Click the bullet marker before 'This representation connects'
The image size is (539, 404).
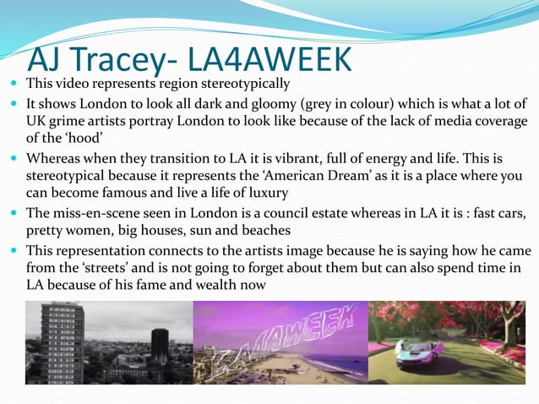pos(16,251)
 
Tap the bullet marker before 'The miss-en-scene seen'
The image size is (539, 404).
pos(16,213)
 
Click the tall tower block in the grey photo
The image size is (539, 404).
pos(65,338)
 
